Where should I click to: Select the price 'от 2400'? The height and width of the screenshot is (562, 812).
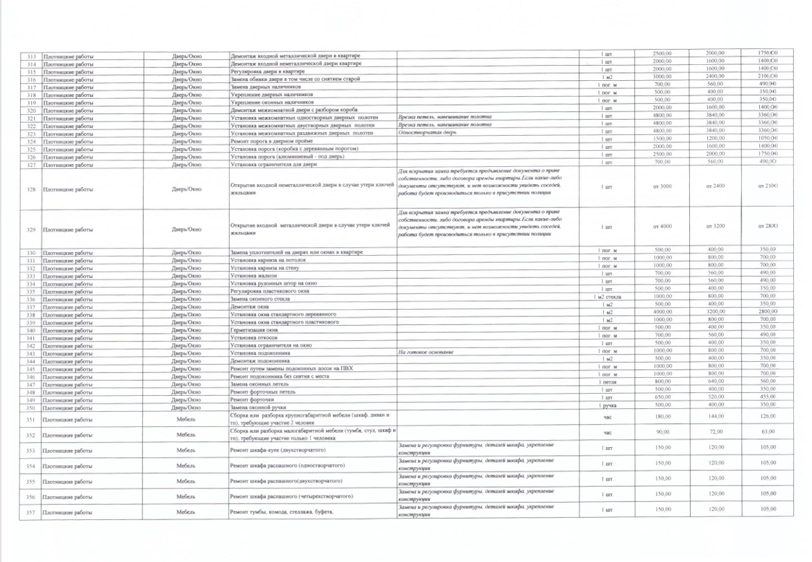714,186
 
